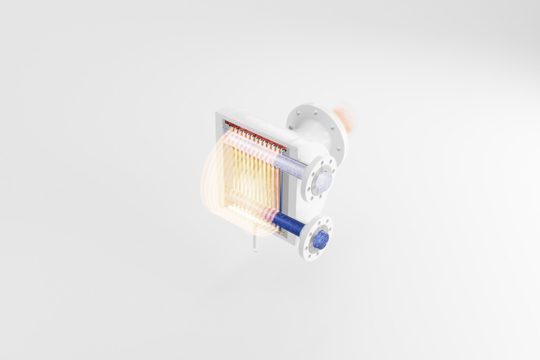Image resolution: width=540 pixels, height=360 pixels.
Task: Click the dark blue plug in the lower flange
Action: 321,240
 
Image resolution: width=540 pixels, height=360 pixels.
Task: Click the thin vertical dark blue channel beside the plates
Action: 281,195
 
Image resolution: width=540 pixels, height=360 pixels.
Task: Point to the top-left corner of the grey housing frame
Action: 217,112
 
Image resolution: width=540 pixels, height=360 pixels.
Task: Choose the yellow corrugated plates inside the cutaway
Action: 253,174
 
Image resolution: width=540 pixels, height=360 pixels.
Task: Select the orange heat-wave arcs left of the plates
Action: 214,184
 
